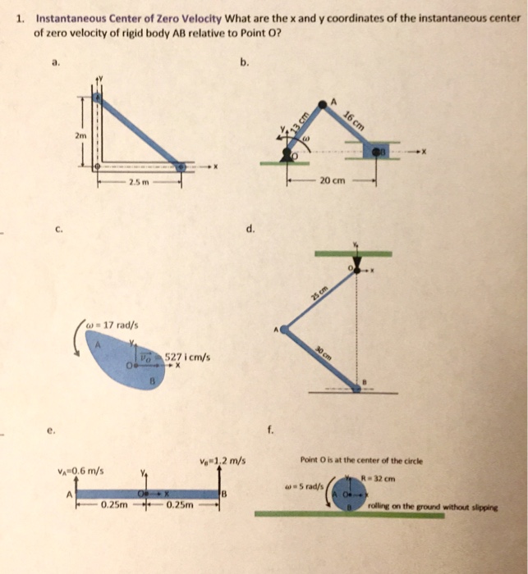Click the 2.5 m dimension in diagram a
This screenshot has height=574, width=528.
(136, 181)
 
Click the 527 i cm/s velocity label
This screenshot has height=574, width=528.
(189, 357)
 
